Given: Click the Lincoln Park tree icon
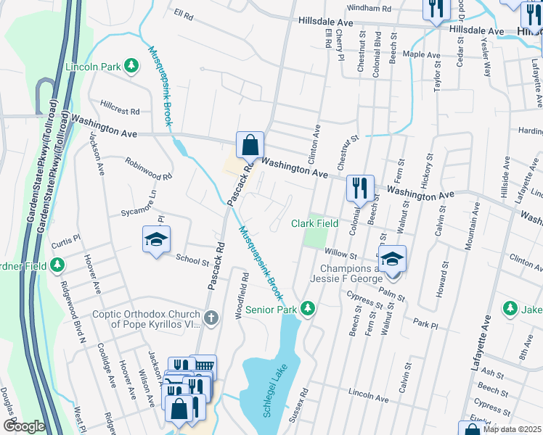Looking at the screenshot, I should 131,67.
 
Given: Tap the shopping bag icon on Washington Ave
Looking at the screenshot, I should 250,146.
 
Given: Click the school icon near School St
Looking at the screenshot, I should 156,241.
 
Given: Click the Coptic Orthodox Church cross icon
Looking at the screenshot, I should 211,318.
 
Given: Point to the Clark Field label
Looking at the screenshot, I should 315,224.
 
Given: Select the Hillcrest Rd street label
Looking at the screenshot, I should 121,112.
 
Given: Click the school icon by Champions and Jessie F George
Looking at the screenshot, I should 392,259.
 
